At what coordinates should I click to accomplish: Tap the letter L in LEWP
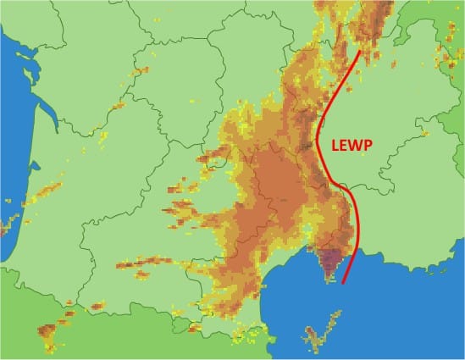click(x=335, y=144)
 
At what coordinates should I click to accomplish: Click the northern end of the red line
click(x=360, y=52)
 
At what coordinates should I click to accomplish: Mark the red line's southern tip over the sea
click(x=343, y=285)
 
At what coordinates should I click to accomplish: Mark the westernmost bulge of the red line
click(x=317, y=140)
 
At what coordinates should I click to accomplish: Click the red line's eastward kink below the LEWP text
click(x=343, y=186)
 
